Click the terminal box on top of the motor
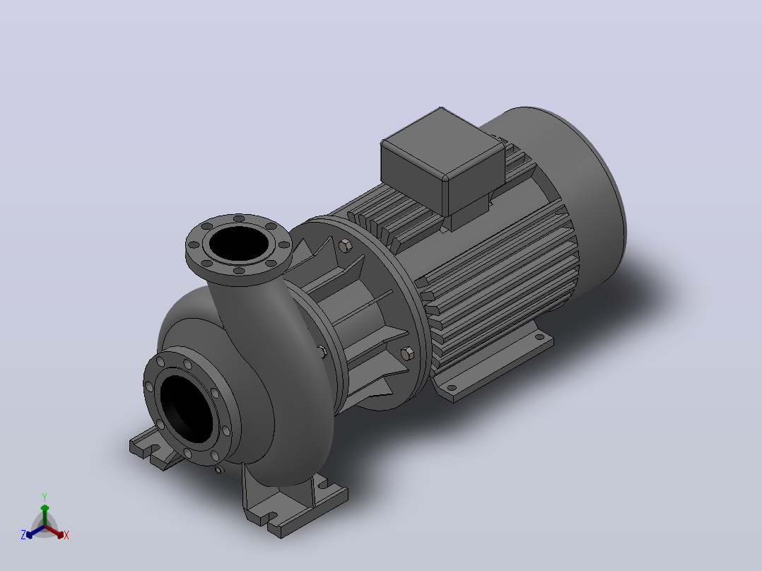click(442, 160)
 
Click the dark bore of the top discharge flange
click(239, 243)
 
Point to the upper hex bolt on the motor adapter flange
click(344, 245)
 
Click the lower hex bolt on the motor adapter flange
click(406, 353)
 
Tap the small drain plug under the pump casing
click(218, 469)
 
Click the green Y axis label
click(45, 497)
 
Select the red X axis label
click(66, 535)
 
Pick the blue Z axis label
click(23, 534)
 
